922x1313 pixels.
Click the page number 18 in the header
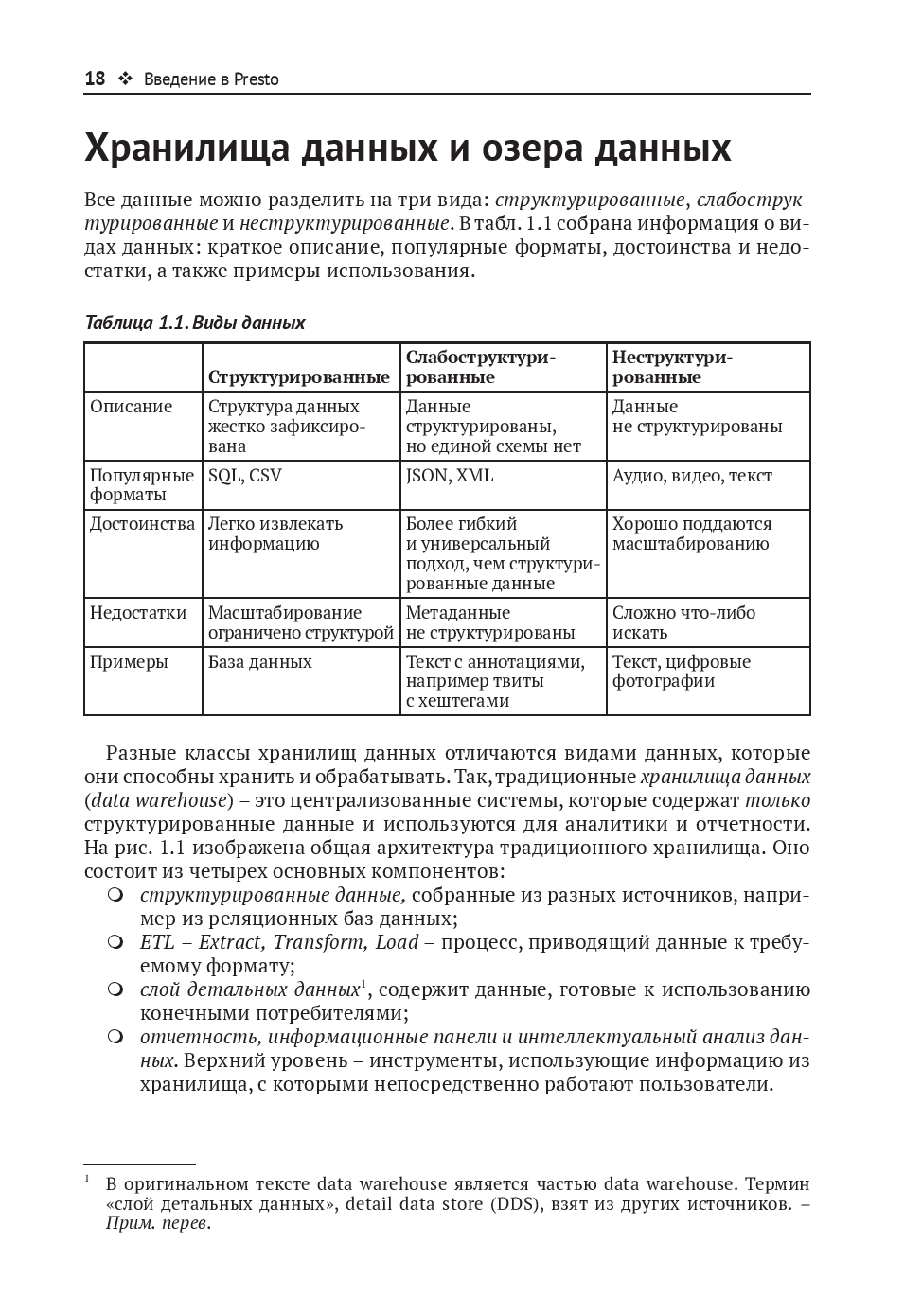pyautogui.click(x=95, y=79)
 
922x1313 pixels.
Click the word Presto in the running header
pyautogui.click(x=257, y=79)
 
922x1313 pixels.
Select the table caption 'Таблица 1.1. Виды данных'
pyautogui.click(x=195, y=323)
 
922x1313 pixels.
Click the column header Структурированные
pyautogui.click(x=298, y=377)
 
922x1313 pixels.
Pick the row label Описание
pyautogui.click(x=132, y=407)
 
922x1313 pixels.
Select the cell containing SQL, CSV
pyautogui.click(x=245, y=476)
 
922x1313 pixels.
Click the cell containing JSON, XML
pyautogui.click(x=450, y=476)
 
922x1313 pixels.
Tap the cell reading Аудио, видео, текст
pyautogui.click(x=692, y=476)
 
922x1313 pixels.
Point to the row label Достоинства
pyautogui.click(x=142, y=524)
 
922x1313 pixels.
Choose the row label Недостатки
pyautogui.click(x=138, y=613)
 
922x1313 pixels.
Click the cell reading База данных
pyautogui.click(x=260, y=662)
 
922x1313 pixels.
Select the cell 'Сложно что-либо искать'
pyautogui.click(x=683, y=622)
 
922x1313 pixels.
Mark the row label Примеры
pyautogui.click(x=129, y=662)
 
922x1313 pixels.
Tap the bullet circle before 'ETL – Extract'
pyautogui.click(x=115, y=942)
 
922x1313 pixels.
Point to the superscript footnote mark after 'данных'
pyautogui.click(x=364, y=984)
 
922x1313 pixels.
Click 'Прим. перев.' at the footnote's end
pyautogui.click(x=157, y=1224)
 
